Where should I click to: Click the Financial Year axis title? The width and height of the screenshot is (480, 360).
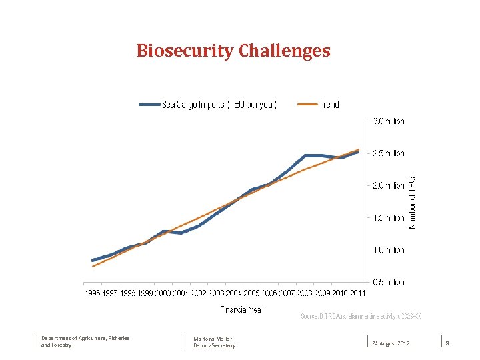[x=242, y=309]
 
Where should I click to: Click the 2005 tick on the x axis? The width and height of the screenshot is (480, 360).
[x=251, y=293]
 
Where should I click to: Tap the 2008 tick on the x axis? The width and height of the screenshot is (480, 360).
[x=304, y=293]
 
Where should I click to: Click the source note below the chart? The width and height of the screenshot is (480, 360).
[x=361, y=315]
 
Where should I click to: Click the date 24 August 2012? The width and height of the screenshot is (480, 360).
[x=391, y=343]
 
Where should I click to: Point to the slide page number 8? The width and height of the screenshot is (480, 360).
[x=447, y=343]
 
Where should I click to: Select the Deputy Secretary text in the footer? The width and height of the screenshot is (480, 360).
[x=214, y=345]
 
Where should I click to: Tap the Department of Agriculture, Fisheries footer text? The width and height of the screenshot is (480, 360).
[x=85, y=338]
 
